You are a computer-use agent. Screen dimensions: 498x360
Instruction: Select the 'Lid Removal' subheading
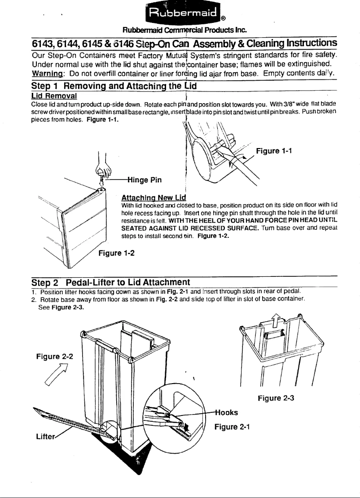[x=53, y=96]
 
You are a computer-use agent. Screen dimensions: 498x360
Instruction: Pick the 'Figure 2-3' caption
[x=275, y=397]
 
